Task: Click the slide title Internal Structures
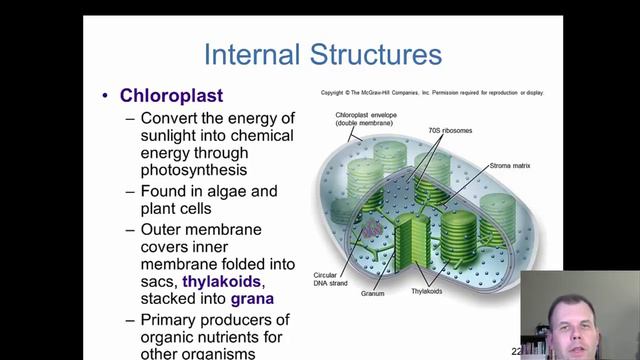click(321, 54)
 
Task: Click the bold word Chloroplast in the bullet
click(171, 96)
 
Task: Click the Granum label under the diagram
click(373, 294)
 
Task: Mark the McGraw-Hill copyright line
click(432, 93)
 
